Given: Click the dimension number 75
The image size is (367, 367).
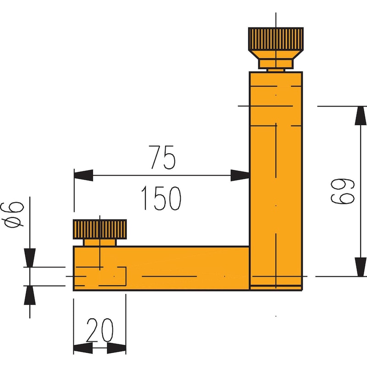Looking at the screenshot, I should (162, 158).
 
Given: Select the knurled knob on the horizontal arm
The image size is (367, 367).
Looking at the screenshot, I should (100, 228).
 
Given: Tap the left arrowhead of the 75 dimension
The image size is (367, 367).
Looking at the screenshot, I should (83, 175).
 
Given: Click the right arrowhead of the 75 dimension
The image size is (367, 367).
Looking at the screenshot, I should (240, 175).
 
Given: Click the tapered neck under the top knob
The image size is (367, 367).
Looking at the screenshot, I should (275, 63).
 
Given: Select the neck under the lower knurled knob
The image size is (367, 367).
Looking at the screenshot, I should (100, 242).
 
